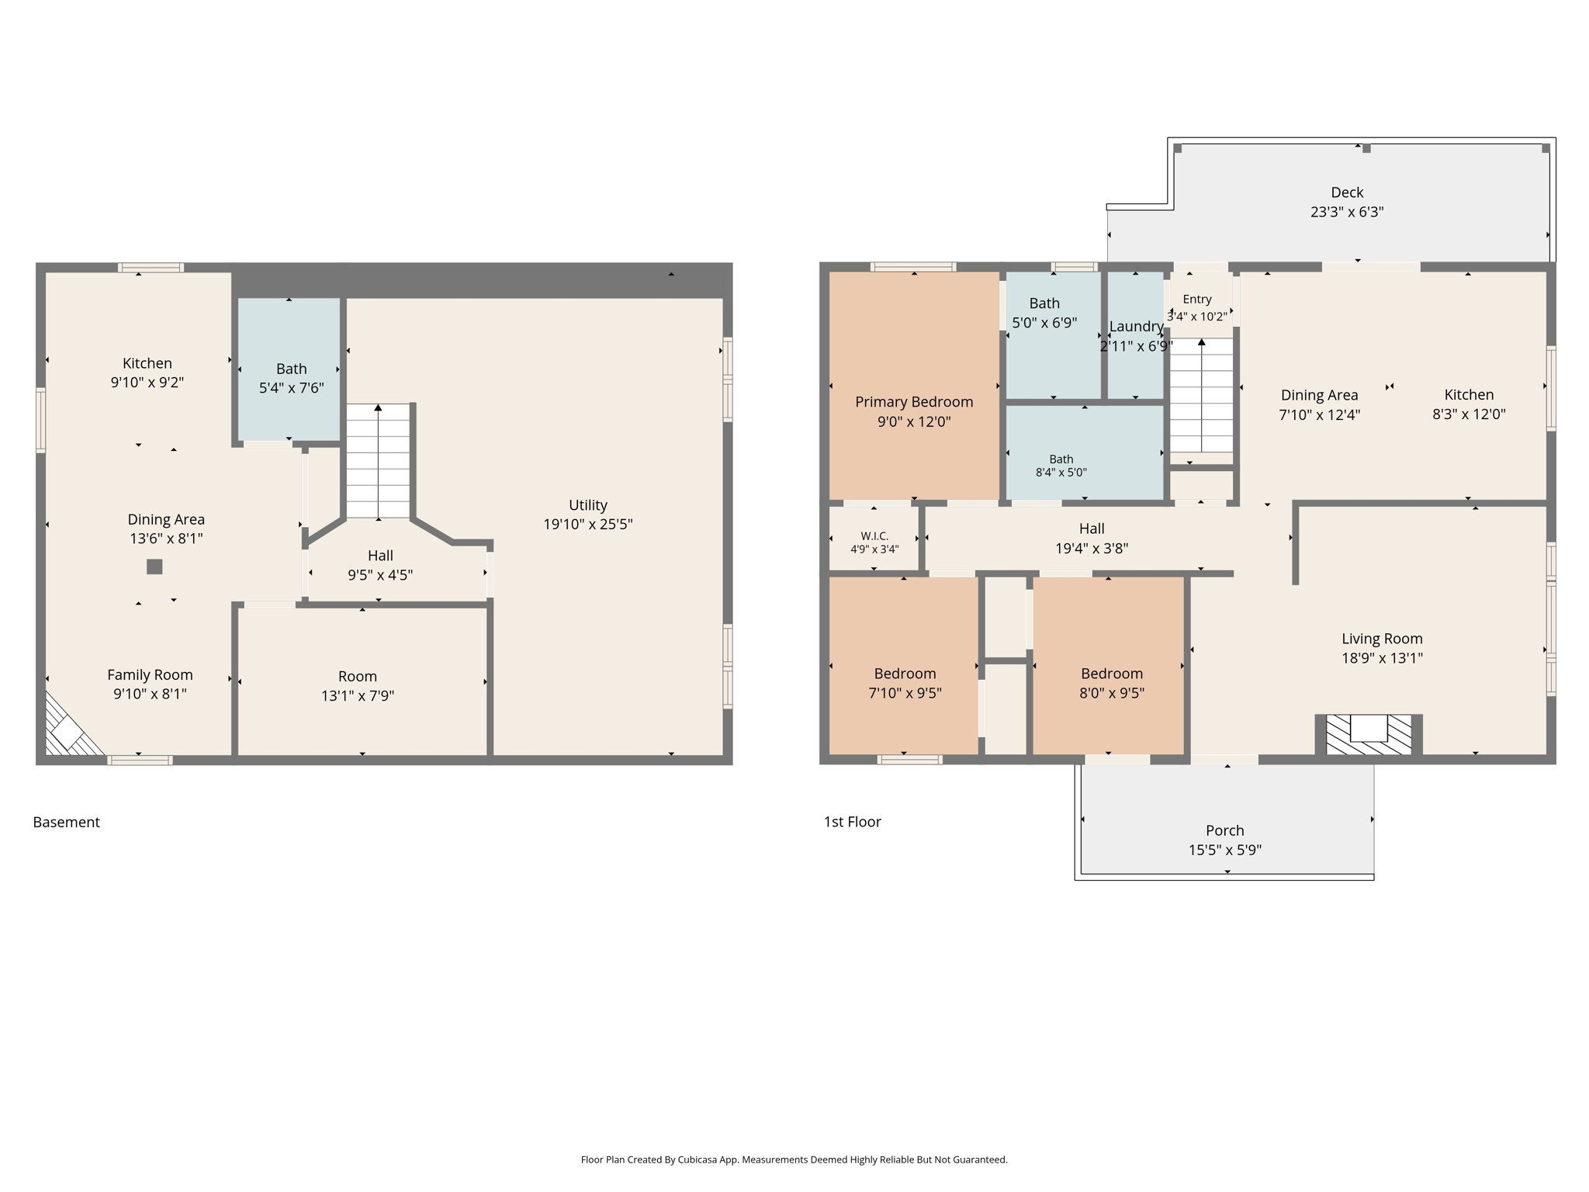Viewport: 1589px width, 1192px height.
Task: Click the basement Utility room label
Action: pos(587,504)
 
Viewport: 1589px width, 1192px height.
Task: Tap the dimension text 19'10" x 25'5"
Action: pos(587,524)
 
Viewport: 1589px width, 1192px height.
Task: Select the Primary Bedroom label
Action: pos(914,402)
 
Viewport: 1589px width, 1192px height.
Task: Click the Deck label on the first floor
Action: pos(1347,192)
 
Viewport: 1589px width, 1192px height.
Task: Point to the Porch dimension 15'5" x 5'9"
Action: pos(1225,850)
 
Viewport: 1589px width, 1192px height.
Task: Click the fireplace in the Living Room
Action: pos(1369,734)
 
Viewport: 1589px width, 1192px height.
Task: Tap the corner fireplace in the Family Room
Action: pos(72,726)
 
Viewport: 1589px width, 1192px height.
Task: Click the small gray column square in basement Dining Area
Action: pos(154,567)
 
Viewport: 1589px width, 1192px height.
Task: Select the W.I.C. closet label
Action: pos(874,536)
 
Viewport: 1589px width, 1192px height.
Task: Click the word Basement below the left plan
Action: pos(66,822)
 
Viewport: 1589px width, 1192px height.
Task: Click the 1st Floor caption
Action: pos(852,822)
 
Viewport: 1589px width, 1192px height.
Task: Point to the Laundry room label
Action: pos(1136,327)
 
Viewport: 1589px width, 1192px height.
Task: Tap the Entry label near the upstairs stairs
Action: pos(1197,299)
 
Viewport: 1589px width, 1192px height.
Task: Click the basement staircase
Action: pos(378,461)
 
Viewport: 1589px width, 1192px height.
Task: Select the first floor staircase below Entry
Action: pos(1201,396)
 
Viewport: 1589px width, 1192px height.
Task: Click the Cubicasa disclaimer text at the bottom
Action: pos(794,1159)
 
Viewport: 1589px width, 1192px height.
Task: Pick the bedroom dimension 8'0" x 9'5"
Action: pos(1111,693)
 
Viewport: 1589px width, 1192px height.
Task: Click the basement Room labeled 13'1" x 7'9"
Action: pos(357,677)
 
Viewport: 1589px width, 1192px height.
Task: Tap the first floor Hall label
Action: pos(1092,528)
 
